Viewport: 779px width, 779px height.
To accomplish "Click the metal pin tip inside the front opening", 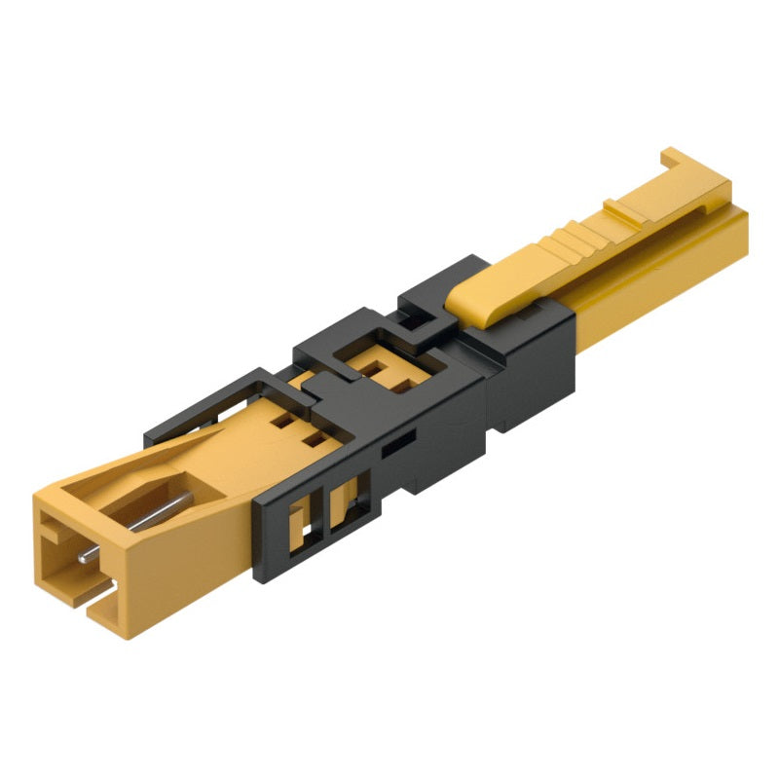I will [x=86, y=556].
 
